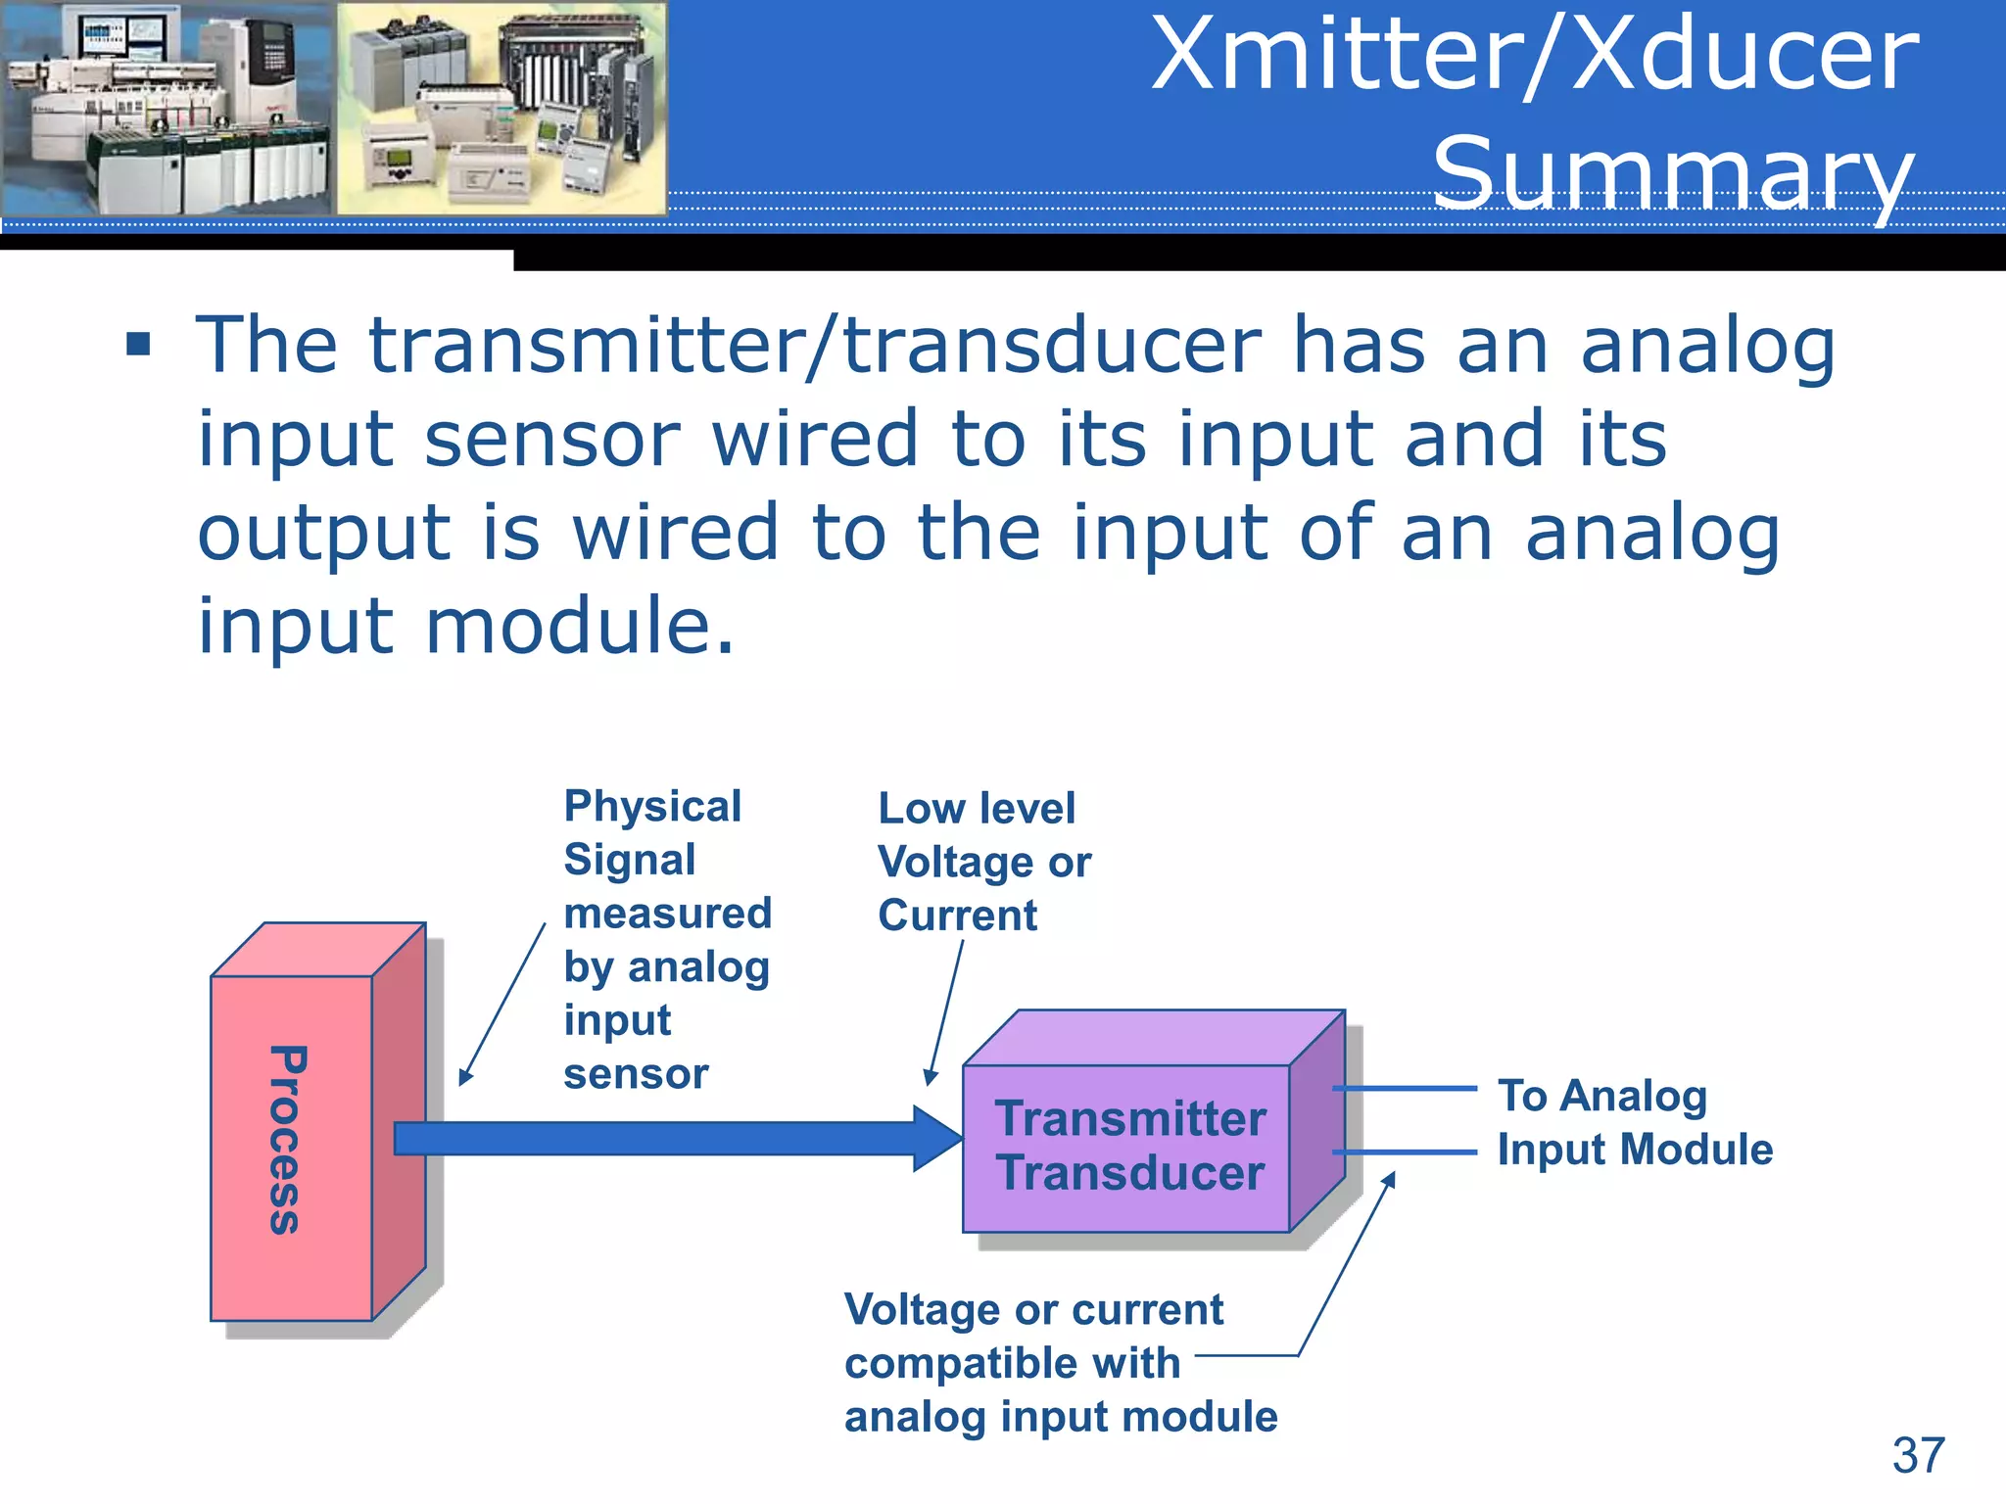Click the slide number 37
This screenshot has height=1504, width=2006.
(x=1917, y=1456)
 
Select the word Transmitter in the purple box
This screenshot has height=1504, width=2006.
(x=1130, y=1118)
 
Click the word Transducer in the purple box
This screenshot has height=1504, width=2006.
(x=1130, y=1173)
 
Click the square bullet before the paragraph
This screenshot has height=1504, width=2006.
(x=138, y=345)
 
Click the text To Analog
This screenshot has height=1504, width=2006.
(x=1601, y=1095)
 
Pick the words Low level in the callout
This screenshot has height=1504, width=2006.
(x=977, y=809)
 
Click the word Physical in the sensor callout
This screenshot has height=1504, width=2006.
(x=652, y=807)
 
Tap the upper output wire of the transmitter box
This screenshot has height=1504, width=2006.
(x=1406, y=1088)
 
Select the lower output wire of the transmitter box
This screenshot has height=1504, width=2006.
(x=1406, y=1152)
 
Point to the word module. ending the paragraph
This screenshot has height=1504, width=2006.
(x=580, y=626)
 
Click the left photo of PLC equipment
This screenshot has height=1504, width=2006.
(x=167, y=108)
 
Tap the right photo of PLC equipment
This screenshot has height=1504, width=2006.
(x=501, y=108)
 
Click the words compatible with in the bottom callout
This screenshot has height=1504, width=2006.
(x=1012, y=1363)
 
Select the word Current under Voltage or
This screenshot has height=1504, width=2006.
(x=957, y=916)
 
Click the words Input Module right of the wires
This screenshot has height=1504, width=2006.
(x=1635, y=1150)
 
